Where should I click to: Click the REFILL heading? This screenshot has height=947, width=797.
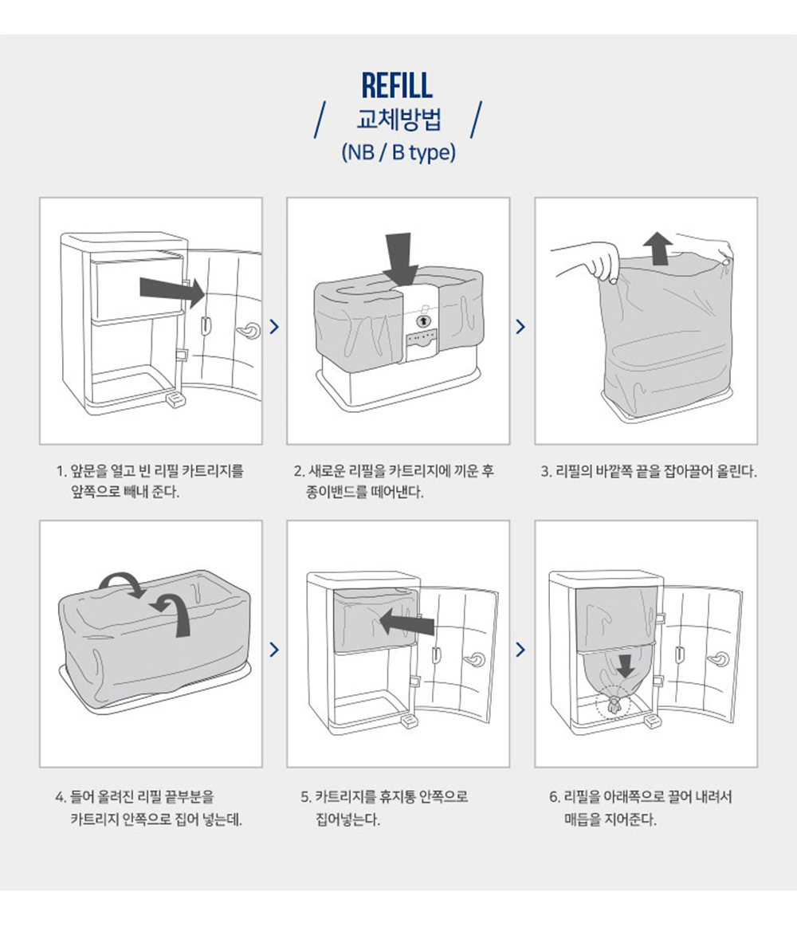pos(397,85)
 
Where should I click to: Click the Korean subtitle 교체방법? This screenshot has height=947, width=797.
pos(398,119)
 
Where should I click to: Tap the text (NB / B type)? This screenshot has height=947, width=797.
pos(398,152)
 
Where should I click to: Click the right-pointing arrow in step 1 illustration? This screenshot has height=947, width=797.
pos(172,289)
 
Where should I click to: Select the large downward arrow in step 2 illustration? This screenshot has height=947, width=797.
pos(400,258)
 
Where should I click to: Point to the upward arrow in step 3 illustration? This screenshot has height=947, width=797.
pos(658,249)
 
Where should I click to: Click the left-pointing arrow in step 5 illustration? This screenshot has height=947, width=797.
pos(406,622)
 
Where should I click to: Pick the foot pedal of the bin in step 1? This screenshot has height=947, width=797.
pos(175,400)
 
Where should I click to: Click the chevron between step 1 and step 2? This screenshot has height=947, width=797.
pos(275,327)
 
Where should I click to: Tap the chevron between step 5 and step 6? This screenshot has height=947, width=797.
pos(522,649)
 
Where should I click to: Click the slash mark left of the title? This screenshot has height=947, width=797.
pos(320,120)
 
